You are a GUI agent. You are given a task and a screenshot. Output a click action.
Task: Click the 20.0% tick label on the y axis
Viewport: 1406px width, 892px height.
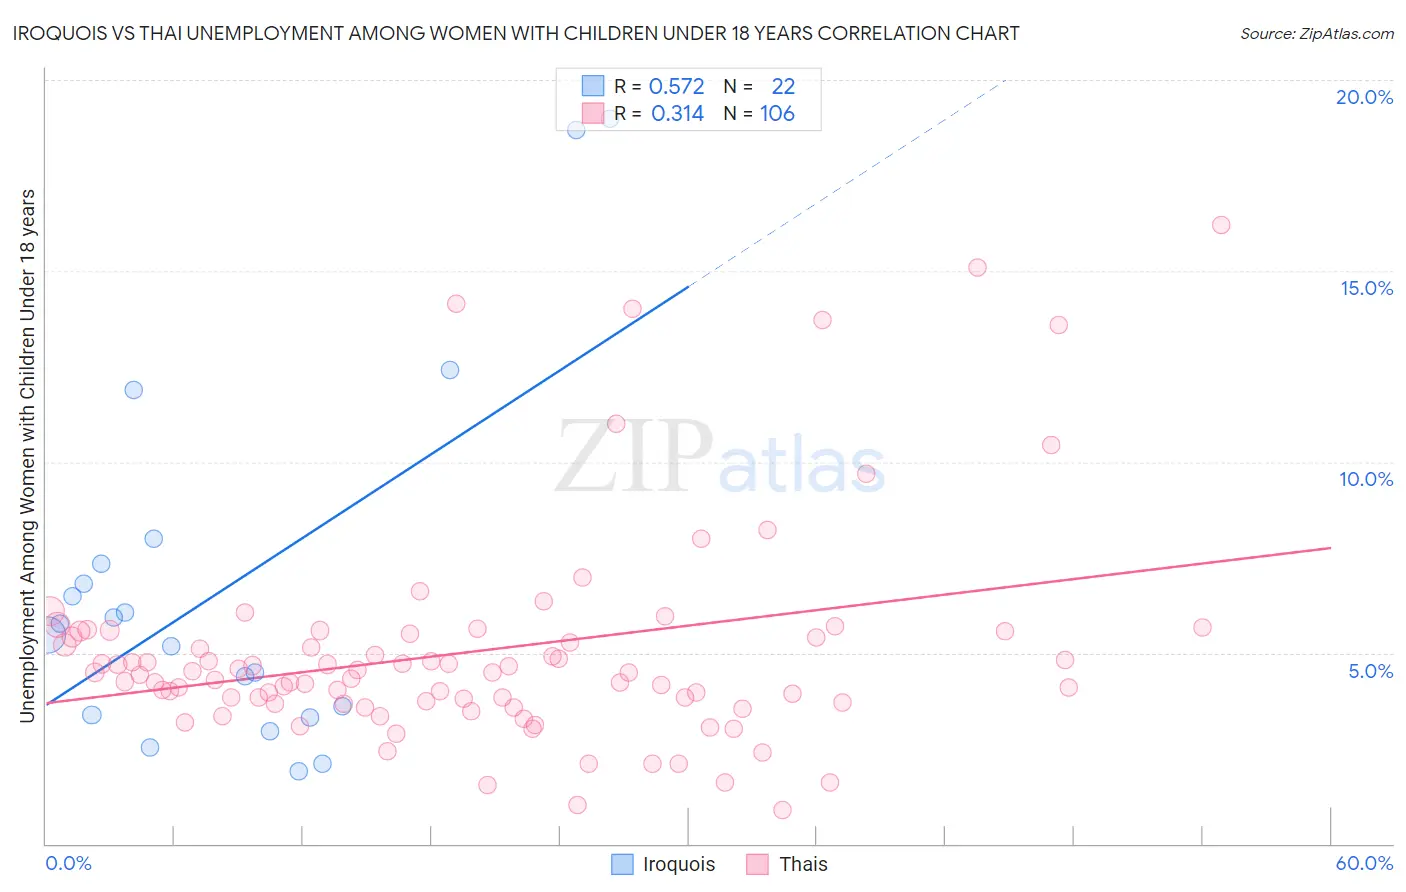1364,97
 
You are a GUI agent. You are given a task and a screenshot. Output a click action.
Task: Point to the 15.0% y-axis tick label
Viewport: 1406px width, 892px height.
1366,288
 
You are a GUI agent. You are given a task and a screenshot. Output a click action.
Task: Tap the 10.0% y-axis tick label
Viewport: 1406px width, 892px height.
1366,479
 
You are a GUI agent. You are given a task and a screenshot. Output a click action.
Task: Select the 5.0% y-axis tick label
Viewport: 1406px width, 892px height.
1370,671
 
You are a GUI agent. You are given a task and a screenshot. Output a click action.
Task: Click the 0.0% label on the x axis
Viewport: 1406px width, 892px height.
68,863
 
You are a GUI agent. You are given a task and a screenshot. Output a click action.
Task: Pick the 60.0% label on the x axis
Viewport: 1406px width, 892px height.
1364,863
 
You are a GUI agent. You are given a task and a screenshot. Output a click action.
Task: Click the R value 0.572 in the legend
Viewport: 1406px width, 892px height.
676,87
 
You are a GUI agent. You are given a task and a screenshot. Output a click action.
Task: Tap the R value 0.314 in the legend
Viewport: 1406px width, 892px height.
677,114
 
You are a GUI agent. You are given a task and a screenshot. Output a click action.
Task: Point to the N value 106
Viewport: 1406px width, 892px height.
777,114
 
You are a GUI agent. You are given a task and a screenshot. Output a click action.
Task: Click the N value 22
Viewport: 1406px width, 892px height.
783,87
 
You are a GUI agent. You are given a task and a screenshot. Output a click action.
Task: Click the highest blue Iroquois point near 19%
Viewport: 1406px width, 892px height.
576,129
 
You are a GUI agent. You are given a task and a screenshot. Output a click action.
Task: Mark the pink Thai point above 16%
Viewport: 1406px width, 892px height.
1221,225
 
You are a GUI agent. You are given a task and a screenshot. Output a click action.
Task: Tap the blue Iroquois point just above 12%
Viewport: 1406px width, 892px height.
450,370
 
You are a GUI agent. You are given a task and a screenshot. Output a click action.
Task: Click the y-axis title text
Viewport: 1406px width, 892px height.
28,455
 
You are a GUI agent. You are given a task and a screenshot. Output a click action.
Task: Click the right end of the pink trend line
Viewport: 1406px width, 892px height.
1330,548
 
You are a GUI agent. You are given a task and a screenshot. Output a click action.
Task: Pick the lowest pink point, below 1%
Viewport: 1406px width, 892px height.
782,810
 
